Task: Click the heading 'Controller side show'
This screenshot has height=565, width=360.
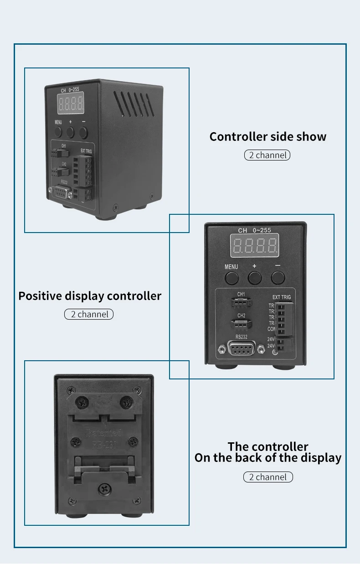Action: tap(268, 137)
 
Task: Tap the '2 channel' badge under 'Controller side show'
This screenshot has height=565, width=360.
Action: tap(267, 156)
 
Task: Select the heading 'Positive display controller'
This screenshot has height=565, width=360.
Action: tap(90, 296)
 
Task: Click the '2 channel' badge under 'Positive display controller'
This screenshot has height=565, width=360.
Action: tap(89, 314)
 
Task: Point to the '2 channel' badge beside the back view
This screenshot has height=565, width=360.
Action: tap(268, 477)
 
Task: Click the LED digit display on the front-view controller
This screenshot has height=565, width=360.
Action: tap(255, 246)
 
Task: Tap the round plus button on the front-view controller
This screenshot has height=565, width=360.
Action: tap(254, 277)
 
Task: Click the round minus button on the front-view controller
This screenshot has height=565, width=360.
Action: tap(278, 277)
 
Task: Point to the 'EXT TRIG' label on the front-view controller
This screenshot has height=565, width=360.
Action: tap(281, 297)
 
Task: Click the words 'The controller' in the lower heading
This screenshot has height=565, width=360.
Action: tap(268, 446)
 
